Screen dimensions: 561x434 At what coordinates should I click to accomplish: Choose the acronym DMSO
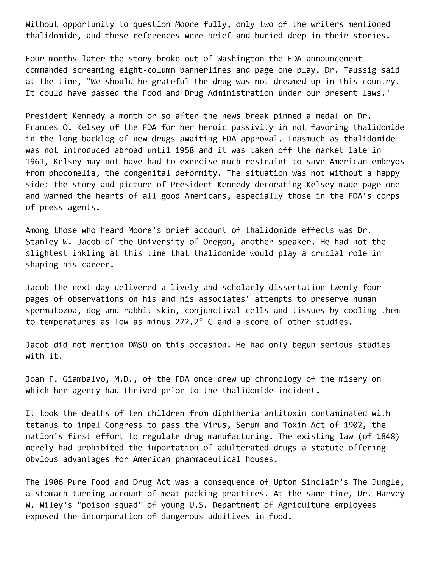coord(138,345)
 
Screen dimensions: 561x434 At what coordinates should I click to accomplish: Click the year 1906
coord(54,482)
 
